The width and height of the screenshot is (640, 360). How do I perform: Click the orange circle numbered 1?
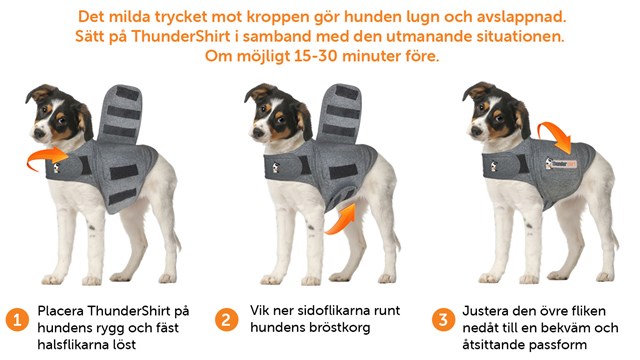pos(17,320)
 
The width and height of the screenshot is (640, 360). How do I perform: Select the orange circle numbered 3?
pos(442,320)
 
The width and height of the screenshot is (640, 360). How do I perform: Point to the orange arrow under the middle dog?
pos(343,211)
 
